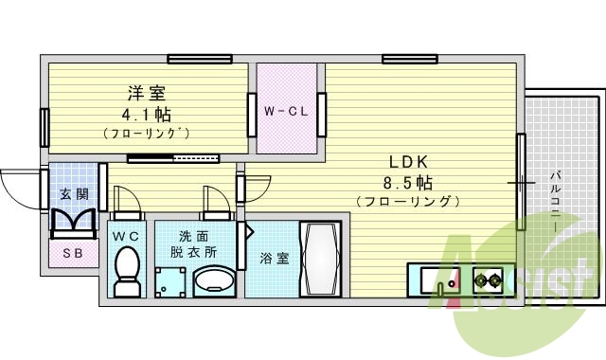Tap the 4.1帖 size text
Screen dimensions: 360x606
click(146, 114)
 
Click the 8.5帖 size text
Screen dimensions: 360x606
click(408, 181)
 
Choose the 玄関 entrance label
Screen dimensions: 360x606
click(74, 194)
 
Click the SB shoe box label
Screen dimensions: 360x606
click(72, 253)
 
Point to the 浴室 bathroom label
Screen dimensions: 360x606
click(275, 258)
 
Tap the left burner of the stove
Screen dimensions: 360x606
click(482, 280)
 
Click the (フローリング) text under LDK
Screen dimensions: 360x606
click(408, 201)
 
